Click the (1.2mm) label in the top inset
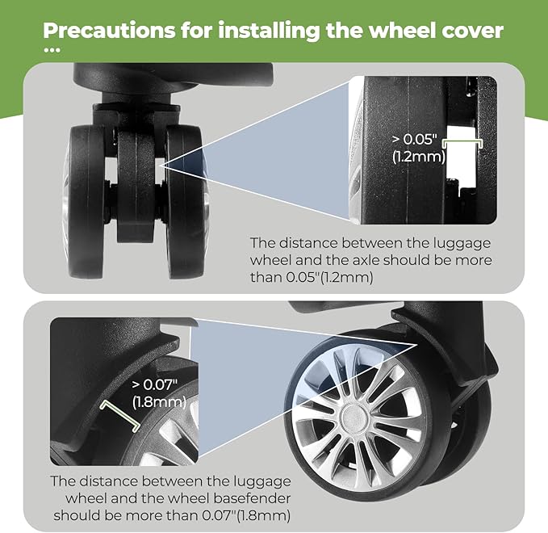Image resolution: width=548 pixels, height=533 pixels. (418, 156)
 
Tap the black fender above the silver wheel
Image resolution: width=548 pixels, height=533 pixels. (436, 323)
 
